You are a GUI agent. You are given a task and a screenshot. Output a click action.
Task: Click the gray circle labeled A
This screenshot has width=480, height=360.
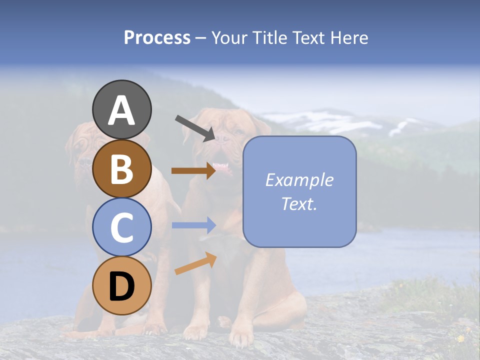point(121,109)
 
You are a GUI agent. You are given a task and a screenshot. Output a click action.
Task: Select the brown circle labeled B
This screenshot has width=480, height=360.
point(121,168)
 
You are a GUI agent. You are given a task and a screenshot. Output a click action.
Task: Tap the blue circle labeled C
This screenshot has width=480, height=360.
point(121,227)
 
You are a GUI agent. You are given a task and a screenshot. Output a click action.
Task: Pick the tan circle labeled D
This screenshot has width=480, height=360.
point(121,286)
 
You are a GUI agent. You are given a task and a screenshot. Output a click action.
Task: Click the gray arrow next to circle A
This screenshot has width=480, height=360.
point(195,128)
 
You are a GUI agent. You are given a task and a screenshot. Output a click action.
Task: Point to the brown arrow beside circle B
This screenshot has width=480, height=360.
point(193,170)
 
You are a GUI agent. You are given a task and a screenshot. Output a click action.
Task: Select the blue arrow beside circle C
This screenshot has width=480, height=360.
point(193,225)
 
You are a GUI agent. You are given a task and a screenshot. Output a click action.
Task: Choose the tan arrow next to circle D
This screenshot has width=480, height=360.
point(195,263)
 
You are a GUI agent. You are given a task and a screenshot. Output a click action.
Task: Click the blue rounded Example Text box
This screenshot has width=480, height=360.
point(299,191)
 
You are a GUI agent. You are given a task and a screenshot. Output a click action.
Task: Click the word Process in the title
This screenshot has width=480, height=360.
point(157,37)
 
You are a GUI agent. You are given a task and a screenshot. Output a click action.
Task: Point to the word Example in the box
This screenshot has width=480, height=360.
point(299,180)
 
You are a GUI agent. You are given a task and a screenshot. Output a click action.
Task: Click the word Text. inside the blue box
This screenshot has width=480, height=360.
point(299,203)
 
